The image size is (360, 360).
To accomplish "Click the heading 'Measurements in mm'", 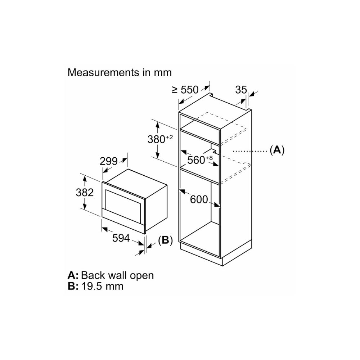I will pos(120,72).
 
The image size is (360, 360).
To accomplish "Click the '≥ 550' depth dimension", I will pos(185,90).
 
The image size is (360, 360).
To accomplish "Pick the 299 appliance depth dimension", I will pos(109,161).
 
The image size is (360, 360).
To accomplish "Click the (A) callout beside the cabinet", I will pos(277,150).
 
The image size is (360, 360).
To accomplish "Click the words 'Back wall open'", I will pos(117,275).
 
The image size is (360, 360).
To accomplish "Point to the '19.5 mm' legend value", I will pos(102,286).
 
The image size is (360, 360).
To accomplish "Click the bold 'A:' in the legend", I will pos(73,275).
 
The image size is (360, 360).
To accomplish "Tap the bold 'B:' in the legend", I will pos(73,286).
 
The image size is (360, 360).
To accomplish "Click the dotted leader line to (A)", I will pos(248,151).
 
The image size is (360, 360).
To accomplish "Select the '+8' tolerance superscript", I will pos(209,157).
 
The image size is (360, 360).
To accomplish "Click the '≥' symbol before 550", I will pos(175,90).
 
